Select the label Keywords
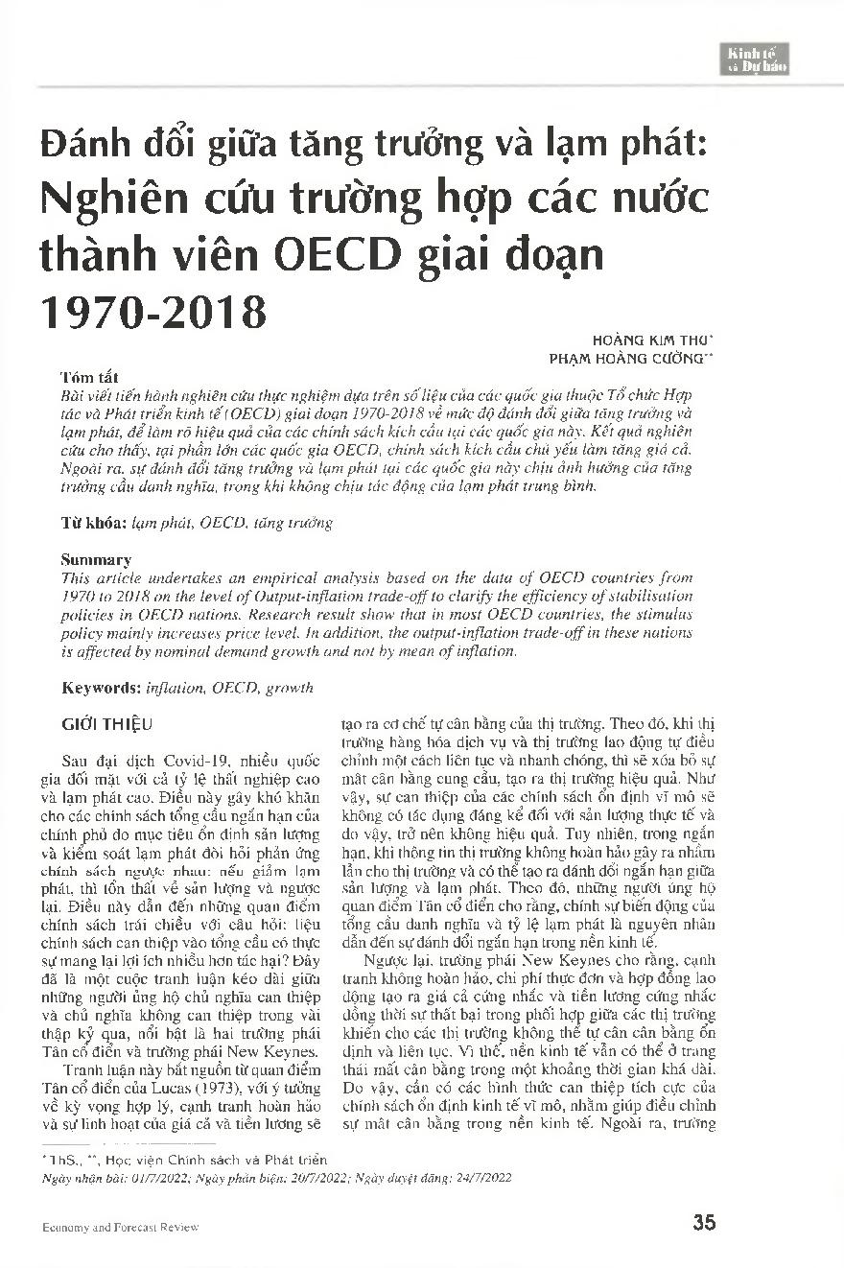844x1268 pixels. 101,688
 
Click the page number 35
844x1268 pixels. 704,1222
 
